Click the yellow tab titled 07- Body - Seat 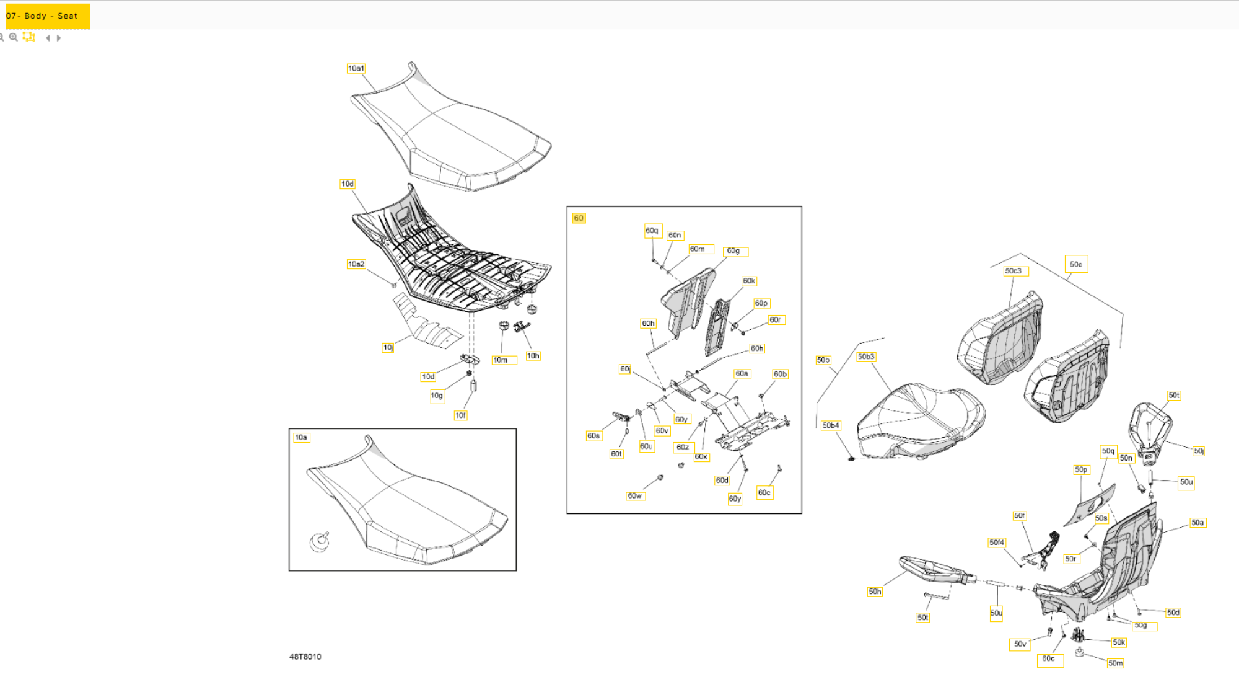point(47,16)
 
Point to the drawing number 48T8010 point(305,657)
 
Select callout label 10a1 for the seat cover point(356,68)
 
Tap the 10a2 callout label point(356,264)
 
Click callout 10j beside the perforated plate point(388,347)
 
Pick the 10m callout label point(501,360)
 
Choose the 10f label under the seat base point(460,415)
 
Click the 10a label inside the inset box point(301,437)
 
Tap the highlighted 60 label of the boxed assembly point(579,218)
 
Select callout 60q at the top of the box point(652,231)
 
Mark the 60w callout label point(634,495)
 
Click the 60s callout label point(593,436)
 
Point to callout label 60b point(780,374)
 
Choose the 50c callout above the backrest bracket point(1076,264)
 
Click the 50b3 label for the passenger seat point(866,357)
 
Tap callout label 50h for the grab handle point(875,592)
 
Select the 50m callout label point(1115,663)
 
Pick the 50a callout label point(1197,523)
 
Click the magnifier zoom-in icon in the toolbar point(13,37)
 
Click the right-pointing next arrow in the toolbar point(59,38)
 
